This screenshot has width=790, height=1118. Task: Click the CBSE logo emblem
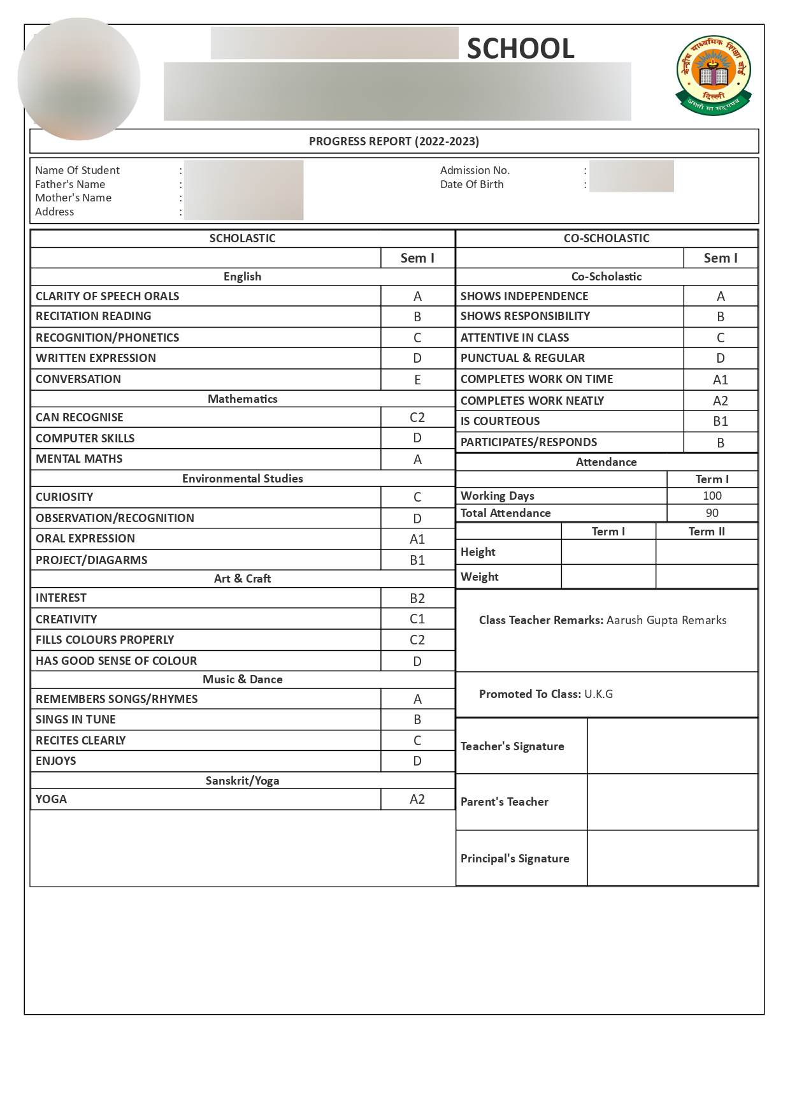coord(714,75)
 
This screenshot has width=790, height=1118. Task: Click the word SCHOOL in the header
coord(521,48)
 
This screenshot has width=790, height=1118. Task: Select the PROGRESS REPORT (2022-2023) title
coord(394,142)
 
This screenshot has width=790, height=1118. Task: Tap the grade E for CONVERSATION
coord(417,380)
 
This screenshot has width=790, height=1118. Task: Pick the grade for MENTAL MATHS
coord(417,460)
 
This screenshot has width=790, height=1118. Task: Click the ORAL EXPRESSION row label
coord(85,539)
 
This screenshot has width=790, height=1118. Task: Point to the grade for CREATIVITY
coord(417,619)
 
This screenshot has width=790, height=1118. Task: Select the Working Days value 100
coord(712,496)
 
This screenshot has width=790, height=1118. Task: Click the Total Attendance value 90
coord(712,513)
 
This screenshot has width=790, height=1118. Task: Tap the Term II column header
coord(707,532)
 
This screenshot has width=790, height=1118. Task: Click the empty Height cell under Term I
coord(608,552)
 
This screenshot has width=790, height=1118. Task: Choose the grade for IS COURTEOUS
coord(720,421)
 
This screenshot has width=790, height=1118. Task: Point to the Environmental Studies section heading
coord(243,479)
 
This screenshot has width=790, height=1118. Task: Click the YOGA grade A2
coord(417,799)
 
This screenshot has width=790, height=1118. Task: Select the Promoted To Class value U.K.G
coord(598,694)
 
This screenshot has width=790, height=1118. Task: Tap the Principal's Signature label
coord(515,859)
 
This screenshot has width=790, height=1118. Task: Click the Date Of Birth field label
coord(471,184)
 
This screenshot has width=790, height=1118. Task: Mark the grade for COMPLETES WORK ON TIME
coord(720,380)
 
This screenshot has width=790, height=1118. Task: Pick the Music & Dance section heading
coord(243,679)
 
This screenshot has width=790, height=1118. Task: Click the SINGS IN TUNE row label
coord(76,720)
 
